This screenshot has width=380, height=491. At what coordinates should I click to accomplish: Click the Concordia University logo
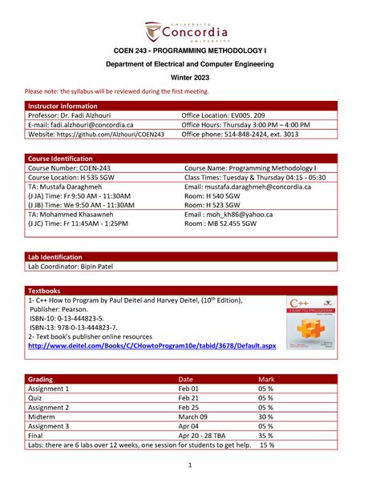pyautogui.click(x=190, y=30)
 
